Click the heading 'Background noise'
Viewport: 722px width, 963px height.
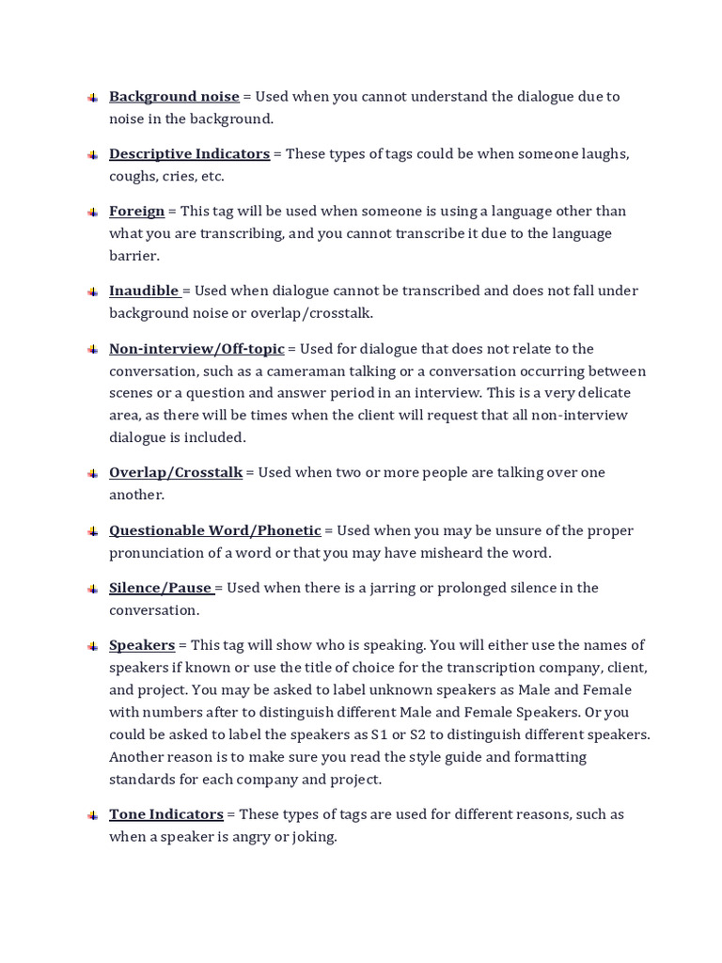point(174,96)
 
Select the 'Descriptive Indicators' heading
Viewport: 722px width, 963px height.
point(189,153)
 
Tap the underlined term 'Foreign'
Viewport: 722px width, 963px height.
point(136,211)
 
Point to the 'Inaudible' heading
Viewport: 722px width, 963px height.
point(144,291)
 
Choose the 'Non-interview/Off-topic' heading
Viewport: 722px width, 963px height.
point(196,348)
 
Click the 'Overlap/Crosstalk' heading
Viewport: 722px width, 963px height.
point(176,472)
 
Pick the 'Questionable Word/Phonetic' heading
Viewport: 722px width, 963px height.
point(214,529)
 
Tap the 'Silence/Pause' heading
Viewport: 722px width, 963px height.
point(160,588)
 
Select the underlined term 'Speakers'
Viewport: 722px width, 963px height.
point(142,645)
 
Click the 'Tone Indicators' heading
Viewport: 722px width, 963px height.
point(166,814)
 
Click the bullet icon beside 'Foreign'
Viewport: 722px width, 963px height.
point(92,213)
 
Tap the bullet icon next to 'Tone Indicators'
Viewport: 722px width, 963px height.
point(92,815)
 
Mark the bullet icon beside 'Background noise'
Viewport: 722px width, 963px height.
point(92,98)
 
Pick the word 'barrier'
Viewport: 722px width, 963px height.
point(133,256)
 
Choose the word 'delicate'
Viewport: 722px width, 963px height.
point(600,392)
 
